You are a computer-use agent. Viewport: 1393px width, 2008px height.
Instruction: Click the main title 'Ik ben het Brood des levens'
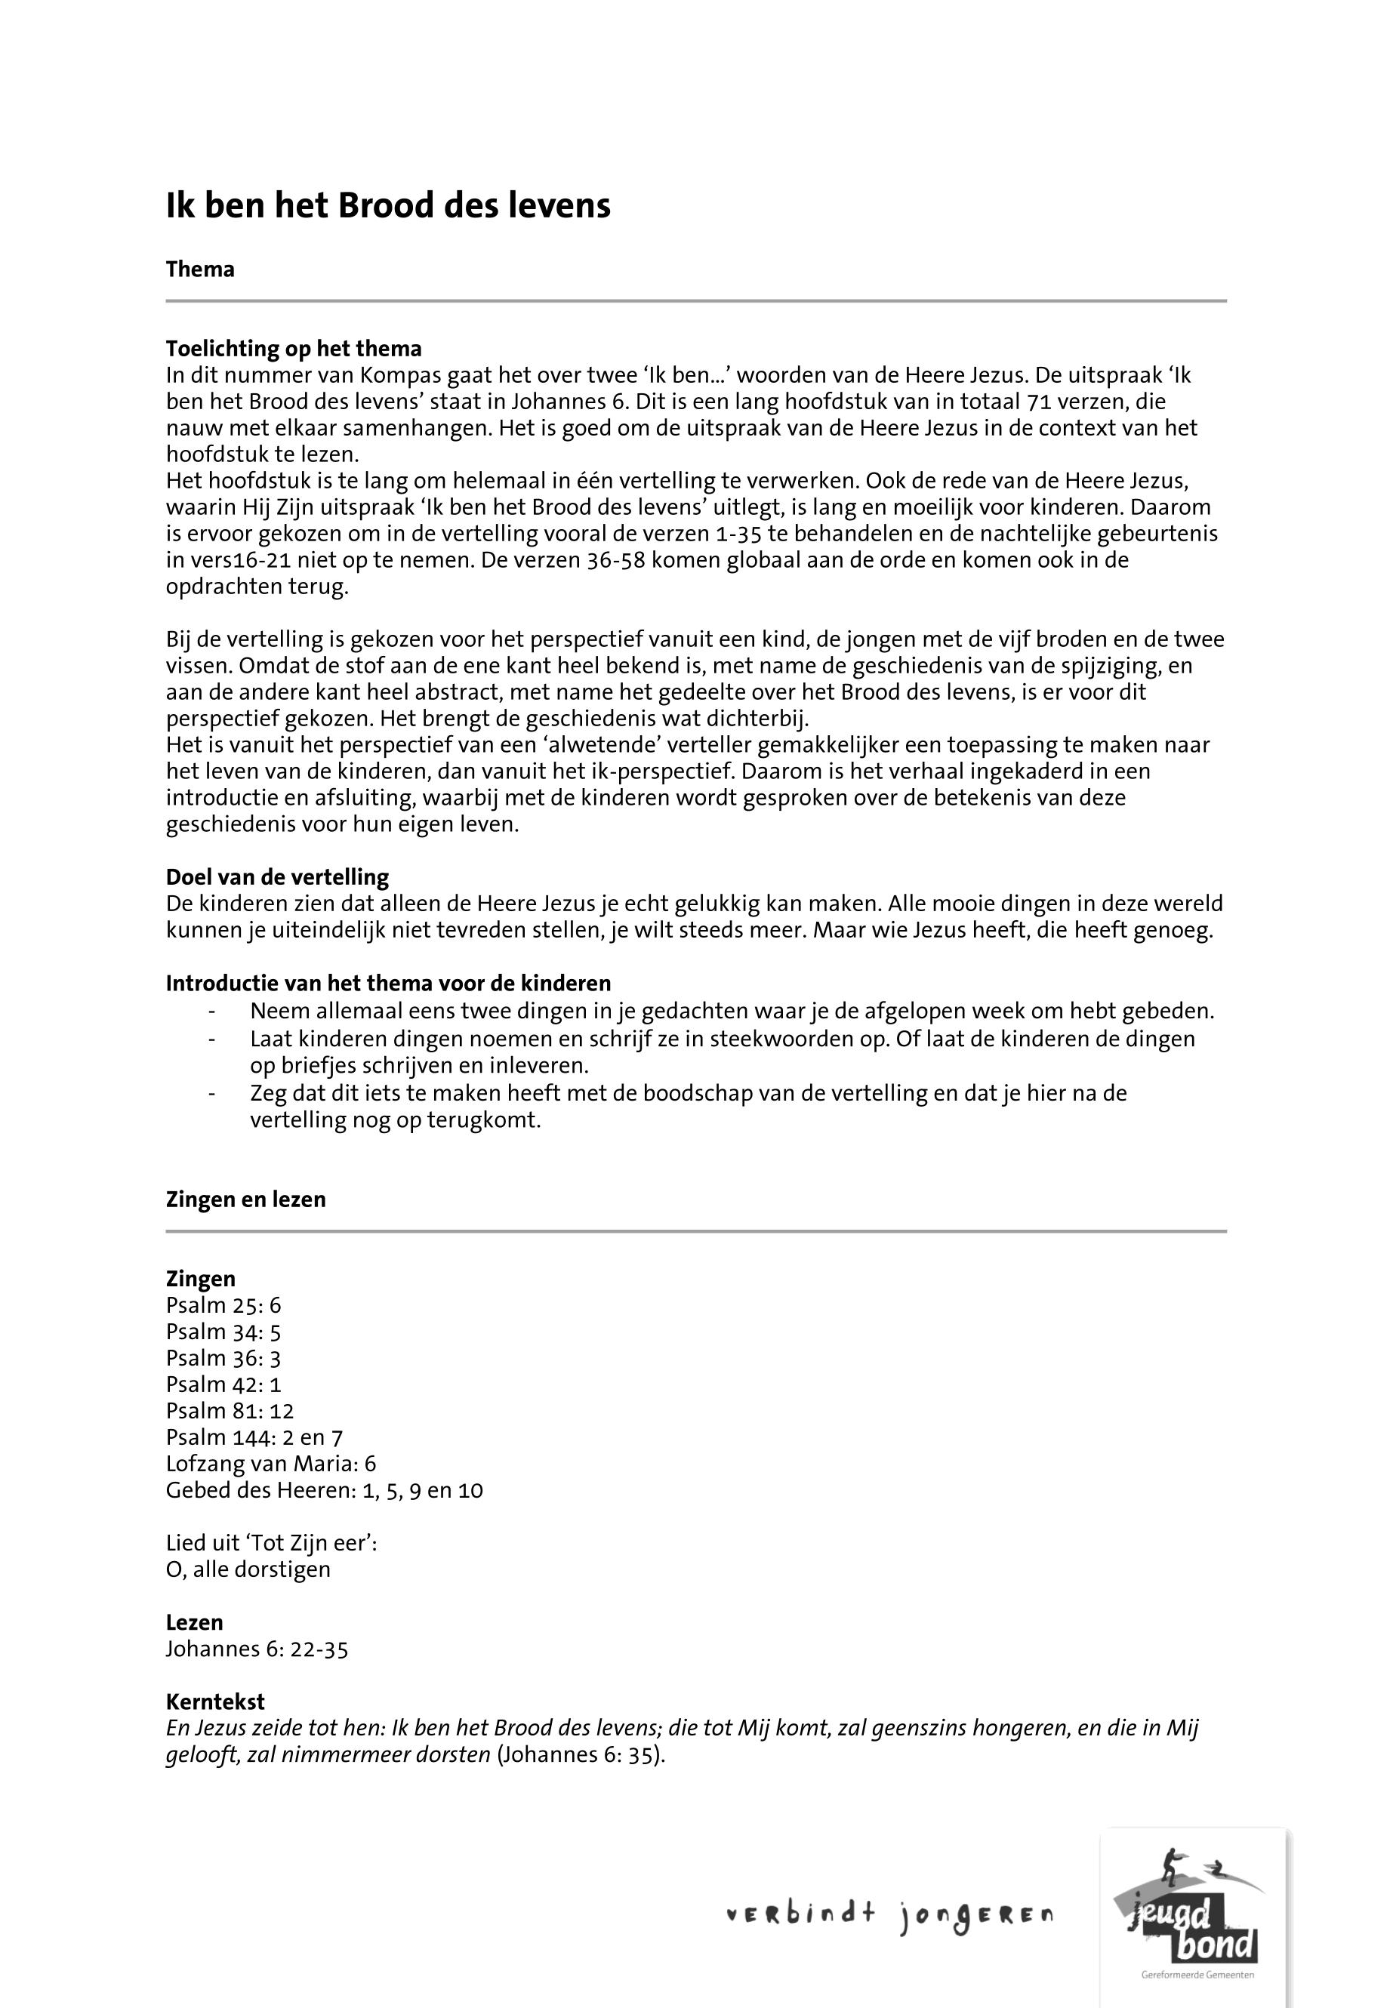(x=388, y=206)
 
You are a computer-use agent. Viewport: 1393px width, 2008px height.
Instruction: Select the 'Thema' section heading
(x=200, y=269)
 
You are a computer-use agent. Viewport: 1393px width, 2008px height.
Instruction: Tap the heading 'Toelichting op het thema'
(x=293, y=349)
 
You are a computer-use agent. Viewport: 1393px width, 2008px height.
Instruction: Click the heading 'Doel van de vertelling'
(x=278, y=877)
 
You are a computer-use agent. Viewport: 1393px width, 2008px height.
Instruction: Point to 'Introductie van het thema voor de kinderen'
(x=388, y=984)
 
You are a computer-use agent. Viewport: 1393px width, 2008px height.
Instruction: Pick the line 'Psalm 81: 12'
(x=230, y=1411)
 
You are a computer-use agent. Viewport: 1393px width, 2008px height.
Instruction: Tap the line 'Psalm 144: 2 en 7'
(x=254, y=1437)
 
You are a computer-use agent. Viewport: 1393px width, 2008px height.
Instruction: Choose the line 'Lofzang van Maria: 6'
(x=270, y=1464)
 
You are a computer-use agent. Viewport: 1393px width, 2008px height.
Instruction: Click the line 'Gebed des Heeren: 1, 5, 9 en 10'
(x=324, y=1489)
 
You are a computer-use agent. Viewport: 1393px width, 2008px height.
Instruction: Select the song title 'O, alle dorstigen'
(x=248, y=1569)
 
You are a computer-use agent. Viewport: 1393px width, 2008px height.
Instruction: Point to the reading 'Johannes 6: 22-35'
(x=257, y=1649)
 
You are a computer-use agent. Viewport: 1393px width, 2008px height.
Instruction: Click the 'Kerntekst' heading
(x=214, y=1702)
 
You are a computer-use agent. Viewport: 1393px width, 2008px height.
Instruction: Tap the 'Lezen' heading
(x=195, y=1622)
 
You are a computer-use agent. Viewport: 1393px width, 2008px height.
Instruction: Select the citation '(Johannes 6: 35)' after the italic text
(x=581, y=1755)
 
